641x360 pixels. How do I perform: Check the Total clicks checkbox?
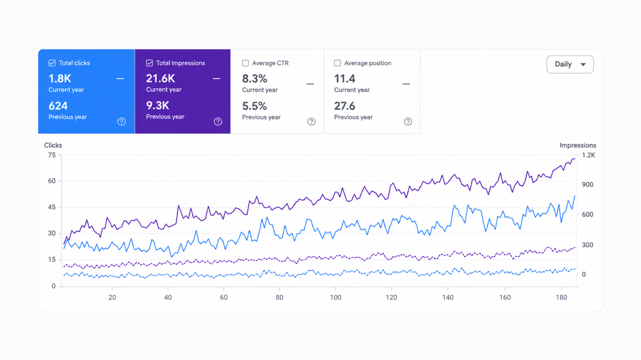pos(52,63)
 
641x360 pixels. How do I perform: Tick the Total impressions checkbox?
pos(150,63)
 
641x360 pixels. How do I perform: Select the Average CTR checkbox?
pos(245,63)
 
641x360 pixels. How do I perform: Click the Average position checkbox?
pos(338,63)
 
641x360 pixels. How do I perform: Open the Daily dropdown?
pos(570,64)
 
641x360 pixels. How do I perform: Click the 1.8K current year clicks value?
pos(60,79)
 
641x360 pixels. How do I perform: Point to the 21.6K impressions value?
pos(160,79)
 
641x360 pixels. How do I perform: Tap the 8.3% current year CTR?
pos(255,79)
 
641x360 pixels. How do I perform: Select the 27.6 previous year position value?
pos(344,106)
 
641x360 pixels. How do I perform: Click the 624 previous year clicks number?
pos(58,106)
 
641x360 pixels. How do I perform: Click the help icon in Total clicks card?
pos(121,122)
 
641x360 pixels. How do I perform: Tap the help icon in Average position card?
pos(408,122)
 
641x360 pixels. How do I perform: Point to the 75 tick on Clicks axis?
pos(52,155)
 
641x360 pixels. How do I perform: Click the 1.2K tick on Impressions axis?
pos(588,155)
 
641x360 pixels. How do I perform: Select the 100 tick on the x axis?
pos(335,297)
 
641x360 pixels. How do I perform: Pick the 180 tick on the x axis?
pos(562,297)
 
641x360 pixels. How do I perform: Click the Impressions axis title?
pos(578,145)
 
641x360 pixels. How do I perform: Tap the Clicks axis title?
pos(53,145)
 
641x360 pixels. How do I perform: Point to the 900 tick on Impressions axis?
pos(588,185)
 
